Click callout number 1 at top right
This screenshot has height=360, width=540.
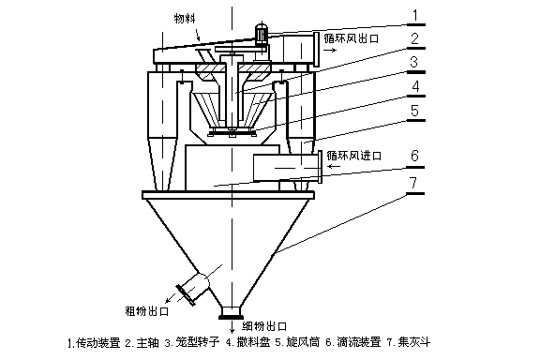[415, 16]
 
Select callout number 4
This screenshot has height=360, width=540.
[415, 86]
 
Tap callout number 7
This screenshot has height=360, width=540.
[414, 183]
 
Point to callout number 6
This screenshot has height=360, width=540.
[414, 156]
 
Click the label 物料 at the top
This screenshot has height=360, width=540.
[185, 18]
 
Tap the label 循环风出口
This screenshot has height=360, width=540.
[352, 38]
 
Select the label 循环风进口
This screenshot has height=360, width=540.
[354, 156]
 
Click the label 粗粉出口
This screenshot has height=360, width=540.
[147, 311]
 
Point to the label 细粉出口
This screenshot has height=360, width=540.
[264, 326]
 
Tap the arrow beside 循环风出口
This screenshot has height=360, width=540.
[330, 50]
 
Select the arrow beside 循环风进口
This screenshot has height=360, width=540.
[334, 167]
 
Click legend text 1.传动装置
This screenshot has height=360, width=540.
[94, 343]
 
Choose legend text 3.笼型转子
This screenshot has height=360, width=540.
[192, 342]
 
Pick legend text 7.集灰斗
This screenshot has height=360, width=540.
[409, 342]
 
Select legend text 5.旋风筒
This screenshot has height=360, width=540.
[297, 342]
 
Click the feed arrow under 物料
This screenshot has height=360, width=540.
[197, 36]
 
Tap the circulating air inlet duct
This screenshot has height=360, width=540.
[287, 168]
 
